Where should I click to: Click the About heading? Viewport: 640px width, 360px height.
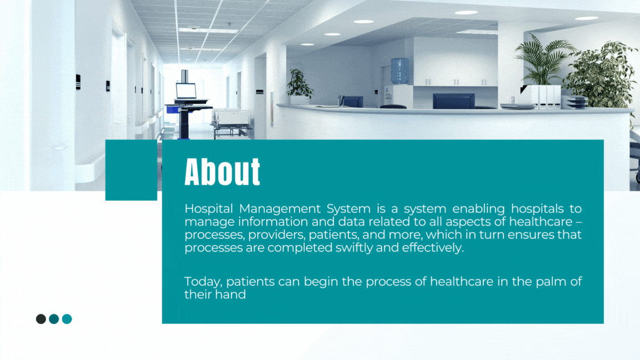tap(222, 172)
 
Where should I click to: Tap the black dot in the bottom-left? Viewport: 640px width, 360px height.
tap(41, 319)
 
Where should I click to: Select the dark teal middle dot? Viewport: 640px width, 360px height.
tap(54, 319)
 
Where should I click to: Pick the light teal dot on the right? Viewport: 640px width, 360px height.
tap(67, 319)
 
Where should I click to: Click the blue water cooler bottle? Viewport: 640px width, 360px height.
tap(400, 71)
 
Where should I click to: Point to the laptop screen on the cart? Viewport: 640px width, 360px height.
tap(186, 91)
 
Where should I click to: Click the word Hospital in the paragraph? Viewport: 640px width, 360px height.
tap(208, 209)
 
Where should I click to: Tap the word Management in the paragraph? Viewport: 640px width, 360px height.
tap(280, 209)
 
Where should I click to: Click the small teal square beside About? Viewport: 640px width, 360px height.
tap(131, 170)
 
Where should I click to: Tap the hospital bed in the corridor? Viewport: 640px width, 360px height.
tap(232, 122)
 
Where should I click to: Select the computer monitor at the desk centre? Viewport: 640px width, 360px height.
tap(453, 101)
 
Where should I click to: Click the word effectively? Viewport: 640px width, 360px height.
tap(433, 248)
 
